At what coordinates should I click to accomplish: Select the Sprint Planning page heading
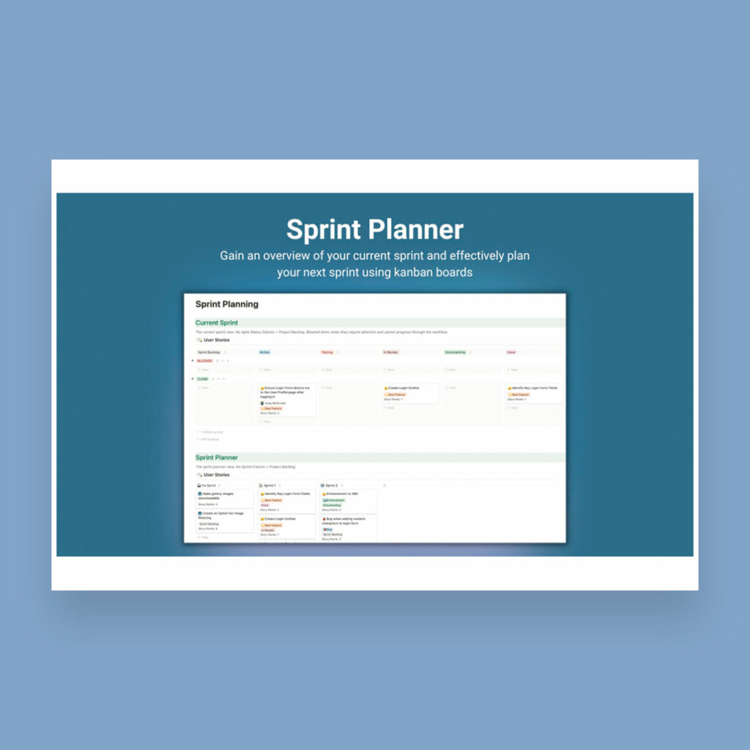[226, 304]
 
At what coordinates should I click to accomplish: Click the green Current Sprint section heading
[216, 322]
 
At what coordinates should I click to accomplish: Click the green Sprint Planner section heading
[216, 458]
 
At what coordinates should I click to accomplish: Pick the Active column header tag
[264, 352]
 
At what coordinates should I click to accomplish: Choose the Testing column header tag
[327, 352]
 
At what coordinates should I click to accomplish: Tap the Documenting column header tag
[455, 352]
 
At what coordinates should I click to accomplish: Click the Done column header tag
[511, 352]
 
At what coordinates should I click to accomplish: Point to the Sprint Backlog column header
[209, 352]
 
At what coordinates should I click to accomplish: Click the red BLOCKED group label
[204, 361]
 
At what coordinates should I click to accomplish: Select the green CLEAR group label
[202, 379]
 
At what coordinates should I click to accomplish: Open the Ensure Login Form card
[286, 391]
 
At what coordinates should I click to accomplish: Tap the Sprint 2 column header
[330, 485]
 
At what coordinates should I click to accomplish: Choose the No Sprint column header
[208, 485]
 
